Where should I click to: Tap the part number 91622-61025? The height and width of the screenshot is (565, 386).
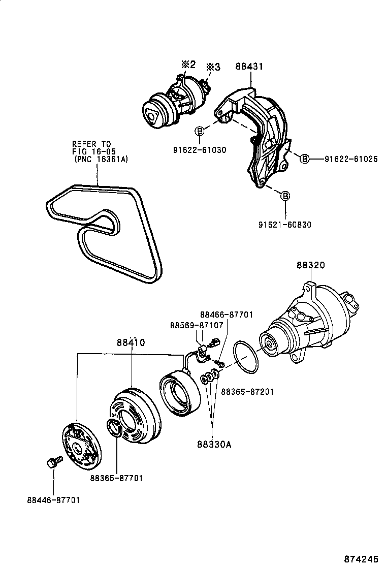tap(351, 159)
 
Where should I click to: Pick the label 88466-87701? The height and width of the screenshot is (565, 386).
tap(227, 315)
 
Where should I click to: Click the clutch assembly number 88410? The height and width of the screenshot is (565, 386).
tap(132, 343)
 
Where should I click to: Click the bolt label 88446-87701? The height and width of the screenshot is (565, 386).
tap(54, 500)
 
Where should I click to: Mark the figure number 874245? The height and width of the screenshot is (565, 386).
tap(361, 558)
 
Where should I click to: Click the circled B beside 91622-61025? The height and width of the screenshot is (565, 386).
tap(304, 159)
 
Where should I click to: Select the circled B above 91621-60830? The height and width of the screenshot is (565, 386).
tap(285, 196)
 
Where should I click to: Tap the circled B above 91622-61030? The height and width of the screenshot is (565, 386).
tap(200, 132)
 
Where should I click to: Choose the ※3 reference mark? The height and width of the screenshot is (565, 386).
tap(213, 67)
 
